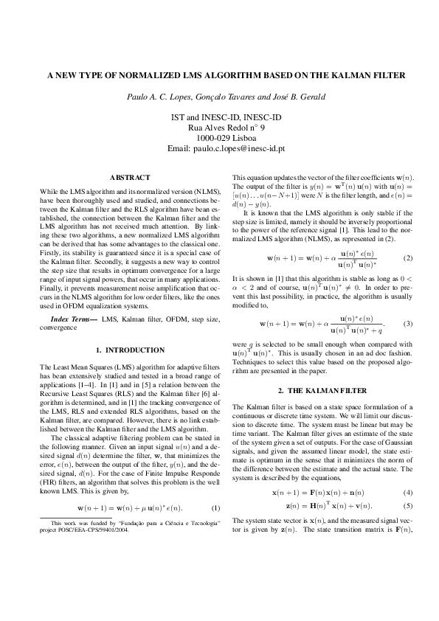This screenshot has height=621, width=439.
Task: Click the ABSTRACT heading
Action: pyautogui.click(x=130, y=178)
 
